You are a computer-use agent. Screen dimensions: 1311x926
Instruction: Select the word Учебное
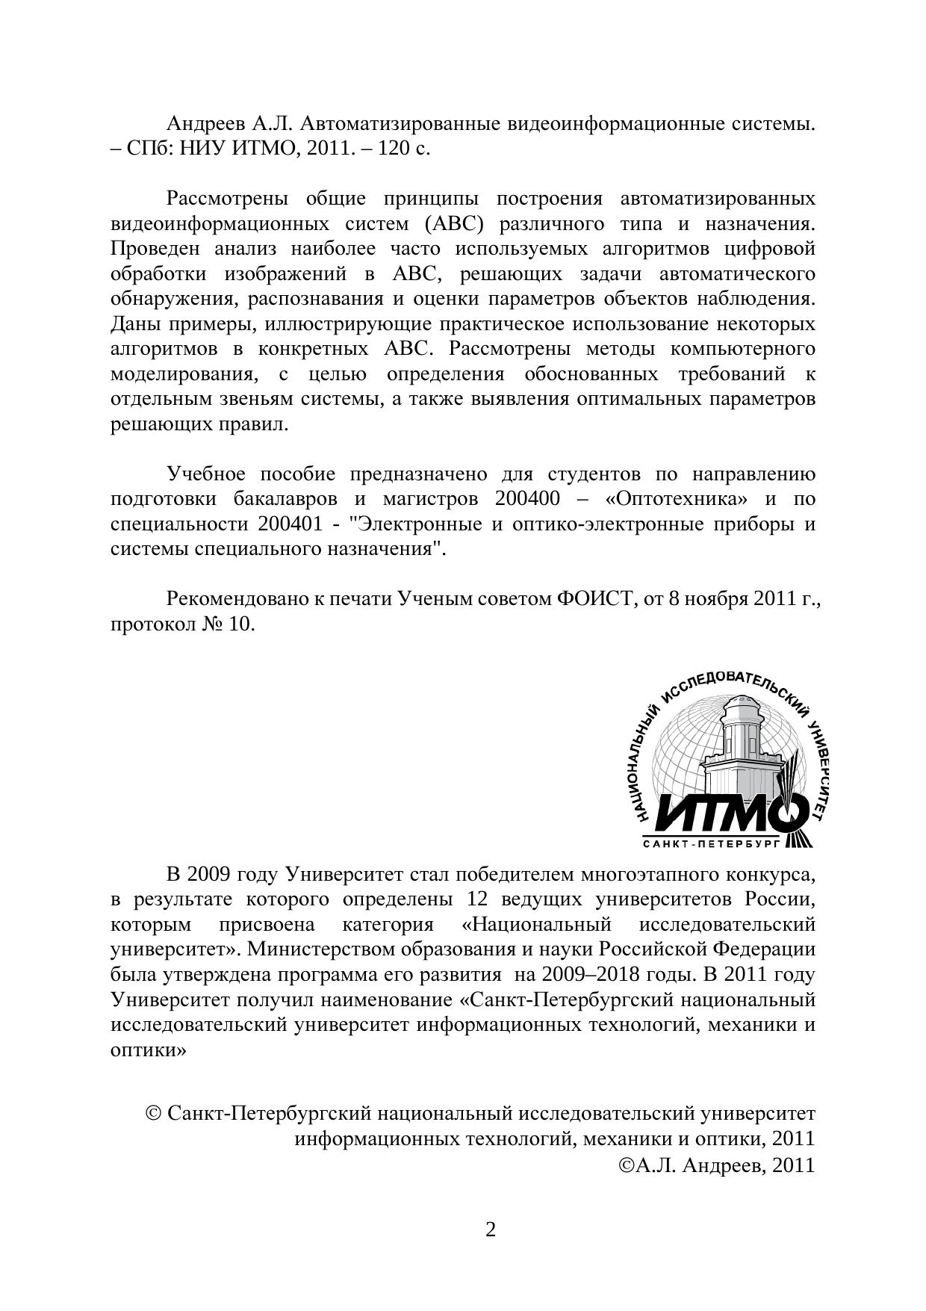tap(206, 474)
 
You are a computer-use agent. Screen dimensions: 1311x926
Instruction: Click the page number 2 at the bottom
tap(491, 1229)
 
